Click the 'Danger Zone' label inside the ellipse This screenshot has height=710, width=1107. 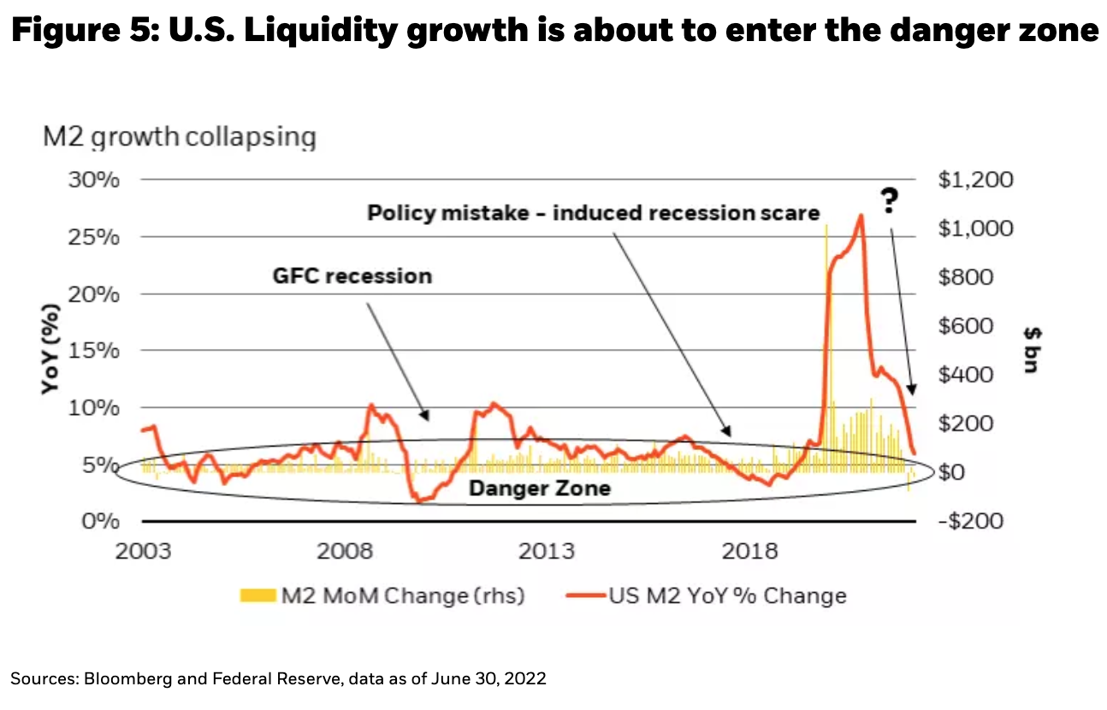click(539, 488)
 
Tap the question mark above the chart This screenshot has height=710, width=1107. click(890, 202)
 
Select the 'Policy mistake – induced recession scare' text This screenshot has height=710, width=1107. click(594, 212)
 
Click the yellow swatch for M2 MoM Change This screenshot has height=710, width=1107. click(258, 595)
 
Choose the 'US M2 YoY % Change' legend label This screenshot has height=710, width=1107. click(727, 595)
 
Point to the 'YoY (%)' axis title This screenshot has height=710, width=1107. click(52, 350)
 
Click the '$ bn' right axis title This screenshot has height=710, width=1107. click(1028, 350)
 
